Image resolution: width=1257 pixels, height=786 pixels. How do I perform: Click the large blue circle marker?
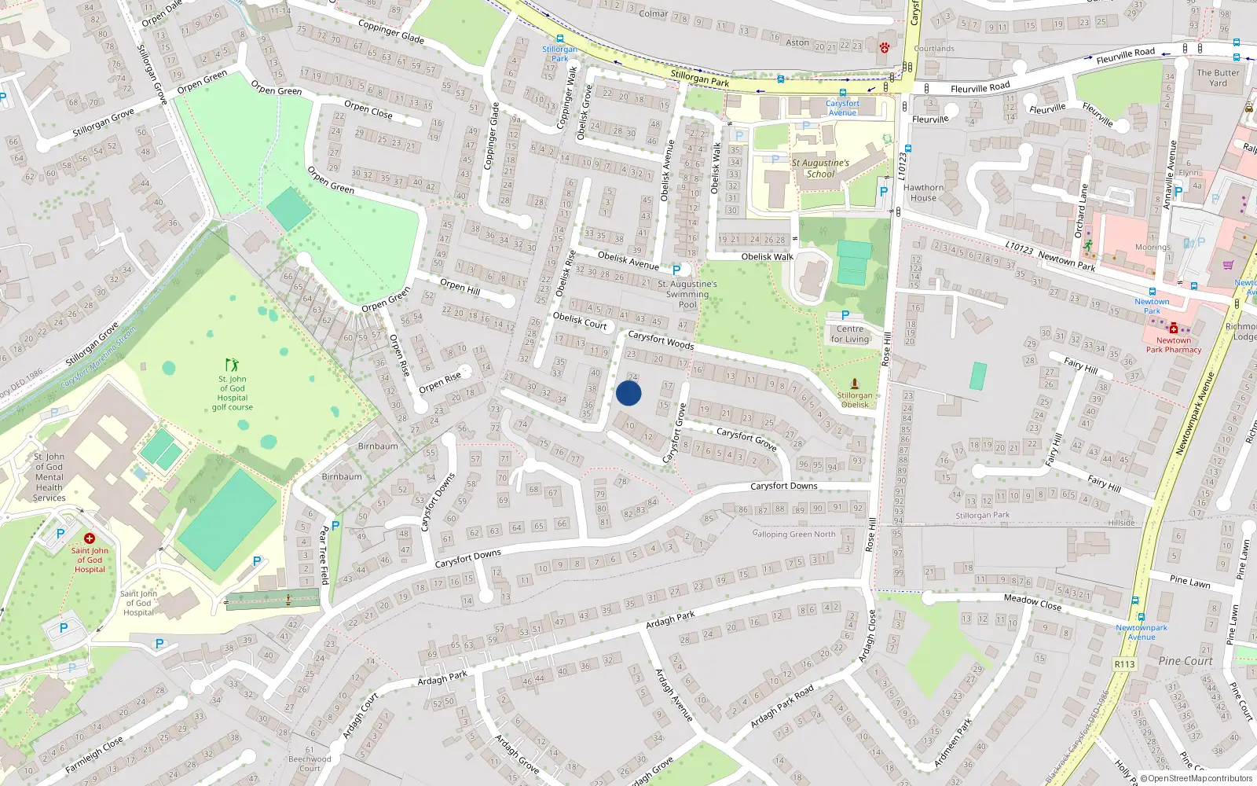(x=628, y=393)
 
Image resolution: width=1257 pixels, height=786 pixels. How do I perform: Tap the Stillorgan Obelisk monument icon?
(x=855, y=384)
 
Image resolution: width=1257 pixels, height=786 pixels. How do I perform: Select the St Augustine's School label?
(x=820, y=168)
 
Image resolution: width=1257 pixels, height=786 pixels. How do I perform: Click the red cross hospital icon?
(x=90, y=538)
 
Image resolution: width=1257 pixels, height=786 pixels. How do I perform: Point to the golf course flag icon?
(x=231, y=365)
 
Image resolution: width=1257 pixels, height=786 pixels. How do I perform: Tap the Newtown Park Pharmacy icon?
(x=1173, y=328)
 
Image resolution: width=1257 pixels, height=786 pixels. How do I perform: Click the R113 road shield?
(x=1124, y=664)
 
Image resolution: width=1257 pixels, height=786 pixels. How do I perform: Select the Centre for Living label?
(x=850, y=334)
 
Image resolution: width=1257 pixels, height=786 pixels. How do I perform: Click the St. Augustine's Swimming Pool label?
(x=687, y=294)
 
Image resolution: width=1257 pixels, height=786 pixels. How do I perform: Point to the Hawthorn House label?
(x=923, y=193)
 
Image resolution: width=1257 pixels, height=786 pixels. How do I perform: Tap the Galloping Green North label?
(x=793, y=534)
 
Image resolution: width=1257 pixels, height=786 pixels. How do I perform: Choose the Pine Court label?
(x=1185, y=661)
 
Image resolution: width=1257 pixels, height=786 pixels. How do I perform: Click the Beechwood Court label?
(x=310, y=763)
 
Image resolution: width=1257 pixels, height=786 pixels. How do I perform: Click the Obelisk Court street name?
(x=580, y=320)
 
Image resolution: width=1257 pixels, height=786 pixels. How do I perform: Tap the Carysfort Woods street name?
(x=661, y=340)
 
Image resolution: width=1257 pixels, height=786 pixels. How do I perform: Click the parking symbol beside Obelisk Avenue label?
(x=676, y=270)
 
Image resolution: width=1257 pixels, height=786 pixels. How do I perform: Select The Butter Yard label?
(x=1218, y=77)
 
